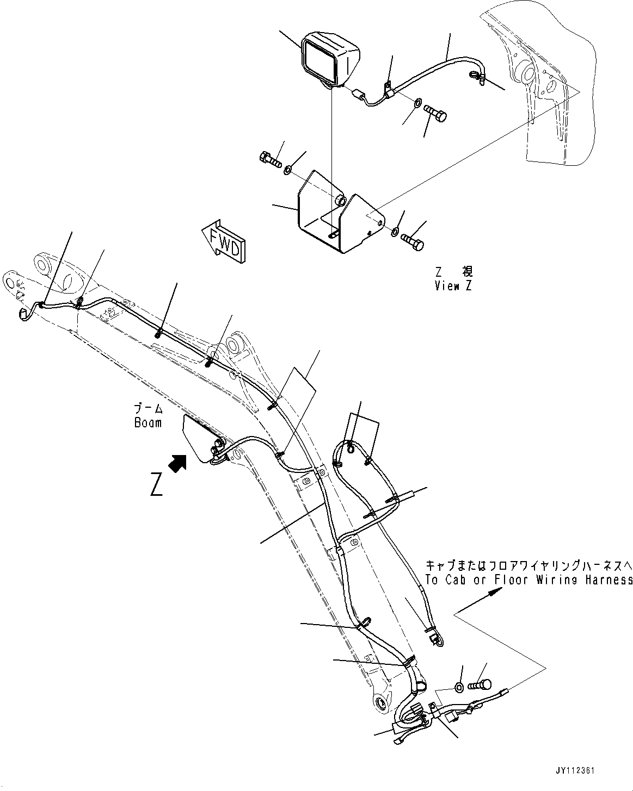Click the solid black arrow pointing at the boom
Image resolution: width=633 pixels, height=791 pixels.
pyautogui.click(x=177, y=463)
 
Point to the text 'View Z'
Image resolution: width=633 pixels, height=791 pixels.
pyautogui.click(x=453, y=286)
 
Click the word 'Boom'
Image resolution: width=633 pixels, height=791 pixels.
pyautogui.click(x=148, y=422)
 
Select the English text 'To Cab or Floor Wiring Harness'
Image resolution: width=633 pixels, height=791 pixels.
pyautogui.click(x=529, y=580)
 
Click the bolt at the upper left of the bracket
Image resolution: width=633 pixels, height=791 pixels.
pyautogui.click(x=269, y=160)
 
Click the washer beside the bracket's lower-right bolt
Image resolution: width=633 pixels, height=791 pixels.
pyautogui.click(x=394, y=233)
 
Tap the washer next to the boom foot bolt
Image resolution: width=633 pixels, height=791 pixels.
pyautogui.click(x=459, y=688)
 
